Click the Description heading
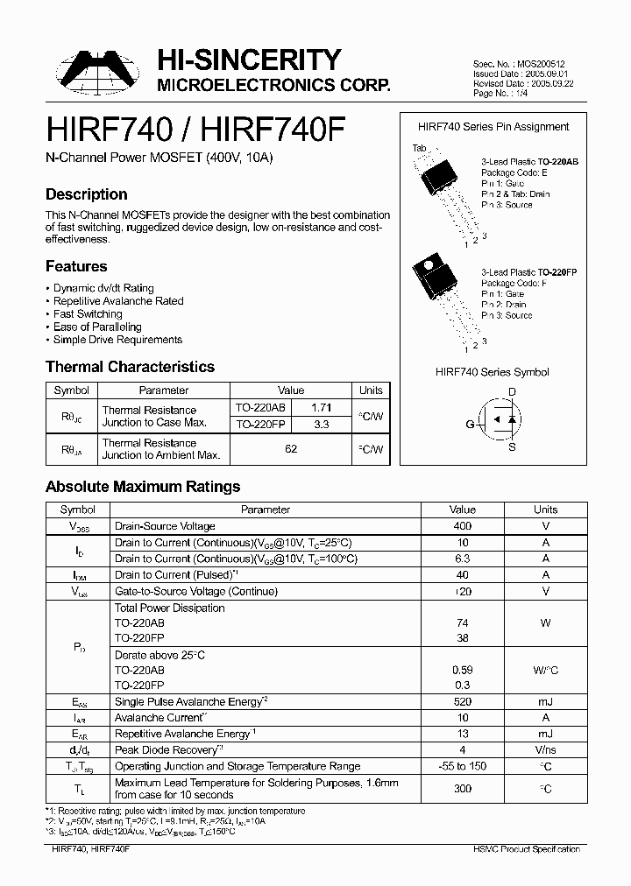point(86,194)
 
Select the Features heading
point(76,266)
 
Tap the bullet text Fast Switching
point(88,313)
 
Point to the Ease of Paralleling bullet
point(97,327)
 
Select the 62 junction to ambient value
point(291,448)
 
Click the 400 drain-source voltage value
point(462,526)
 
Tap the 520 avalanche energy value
point(462,702)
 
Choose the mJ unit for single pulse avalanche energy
point(545,702)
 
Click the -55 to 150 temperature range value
point(462,766)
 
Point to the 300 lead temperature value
point(462,789)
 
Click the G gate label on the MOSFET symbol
point(470,424)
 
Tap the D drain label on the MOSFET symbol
point(513,391)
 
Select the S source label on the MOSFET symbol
point(513,447)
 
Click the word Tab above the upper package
point(419,147)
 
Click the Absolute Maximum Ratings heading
point(143,487)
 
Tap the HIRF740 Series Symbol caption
point(492,372)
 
